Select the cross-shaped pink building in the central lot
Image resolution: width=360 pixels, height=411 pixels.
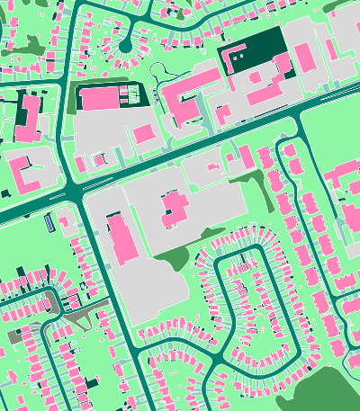(173, 210)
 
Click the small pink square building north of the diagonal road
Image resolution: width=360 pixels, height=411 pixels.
(144, 135)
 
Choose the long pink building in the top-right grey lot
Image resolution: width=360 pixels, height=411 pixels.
(305, 56)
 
